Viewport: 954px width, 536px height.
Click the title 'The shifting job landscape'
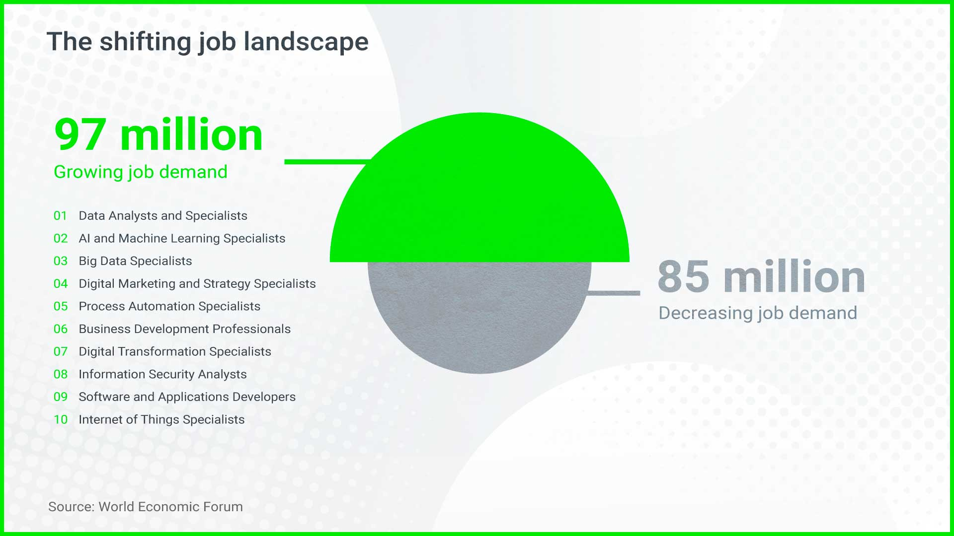point(208,42)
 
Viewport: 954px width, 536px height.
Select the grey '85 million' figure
point(761,276)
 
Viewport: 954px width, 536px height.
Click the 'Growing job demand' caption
point(141,172)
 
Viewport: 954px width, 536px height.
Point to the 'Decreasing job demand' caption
point(758,313)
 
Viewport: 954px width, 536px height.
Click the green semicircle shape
point(479,199)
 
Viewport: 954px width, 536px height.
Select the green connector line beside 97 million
point(328,162)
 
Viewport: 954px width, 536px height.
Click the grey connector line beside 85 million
point(613,293)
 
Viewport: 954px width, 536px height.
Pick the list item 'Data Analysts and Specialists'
point(163,216)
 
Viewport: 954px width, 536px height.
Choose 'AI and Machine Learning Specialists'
point(182,239)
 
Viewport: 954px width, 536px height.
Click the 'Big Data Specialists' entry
point(135,261)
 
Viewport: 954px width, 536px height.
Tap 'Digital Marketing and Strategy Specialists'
point(197,284)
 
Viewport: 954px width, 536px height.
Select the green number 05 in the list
point(61,306)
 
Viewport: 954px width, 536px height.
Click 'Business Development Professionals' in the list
point(184,329)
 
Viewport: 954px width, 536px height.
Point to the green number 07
point(61,352)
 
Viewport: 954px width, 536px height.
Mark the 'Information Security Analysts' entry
point(162,374)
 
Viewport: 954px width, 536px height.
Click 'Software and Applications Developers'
point(187,397)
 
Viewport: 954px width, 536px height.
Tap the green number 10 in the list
point(61,420)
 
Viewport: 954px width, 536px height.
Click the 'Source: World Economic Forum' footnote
point(146,507)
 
